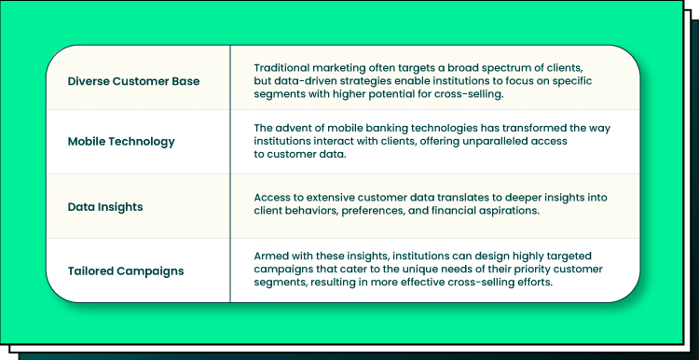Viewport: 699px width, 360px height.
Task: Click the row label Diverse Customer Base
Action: pos(133,81)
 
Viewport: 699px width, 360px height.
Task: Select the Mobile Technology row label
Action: pos(121,142)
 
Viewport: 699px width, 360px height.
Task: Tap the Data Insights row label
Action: pos(105,207)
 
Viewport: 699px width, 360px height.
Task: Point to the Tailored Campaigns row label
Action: pos(126,271)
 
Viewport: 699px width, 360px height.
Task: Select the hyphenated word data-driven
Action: pos(303,81)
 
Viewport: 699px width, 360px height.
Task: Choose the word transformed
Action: pos(527,129)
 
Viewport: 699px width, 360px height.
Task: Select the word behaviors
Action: pos(310,210)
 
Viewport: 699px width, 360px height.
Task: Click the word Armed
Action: pos(268,256)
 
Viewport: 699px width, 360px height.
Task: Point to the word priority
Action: pos(528,270)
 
